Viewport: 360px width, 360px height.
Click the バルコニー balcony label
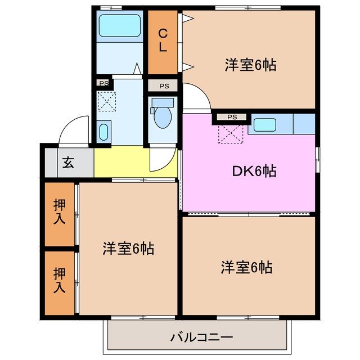point(201,337)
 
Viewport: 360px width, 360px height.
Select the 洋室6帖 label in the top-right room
point(250,65)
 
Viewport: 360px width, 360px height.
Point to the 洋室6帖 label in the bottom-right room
point(246,267)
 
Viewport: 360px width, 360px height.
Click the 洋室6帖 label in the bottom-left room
point(128,248)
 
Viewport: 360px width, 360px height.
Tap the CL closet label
point(162,40)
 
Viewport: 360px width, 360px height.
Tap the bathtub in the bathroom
point(119,26)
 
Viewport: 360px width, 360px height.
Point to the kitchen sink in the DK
point(263,124)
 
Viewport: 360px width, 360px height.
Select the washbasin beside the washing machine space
point(103,132)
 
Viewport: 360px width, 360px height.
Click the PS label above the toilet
point(163,86)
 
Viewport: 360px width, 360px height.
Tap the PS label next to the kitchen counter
point(232,117)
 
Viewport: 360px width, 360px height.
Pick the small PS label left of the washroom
point(103,83)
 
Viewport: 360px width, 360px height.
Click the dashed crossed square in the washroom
point(106,101)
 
